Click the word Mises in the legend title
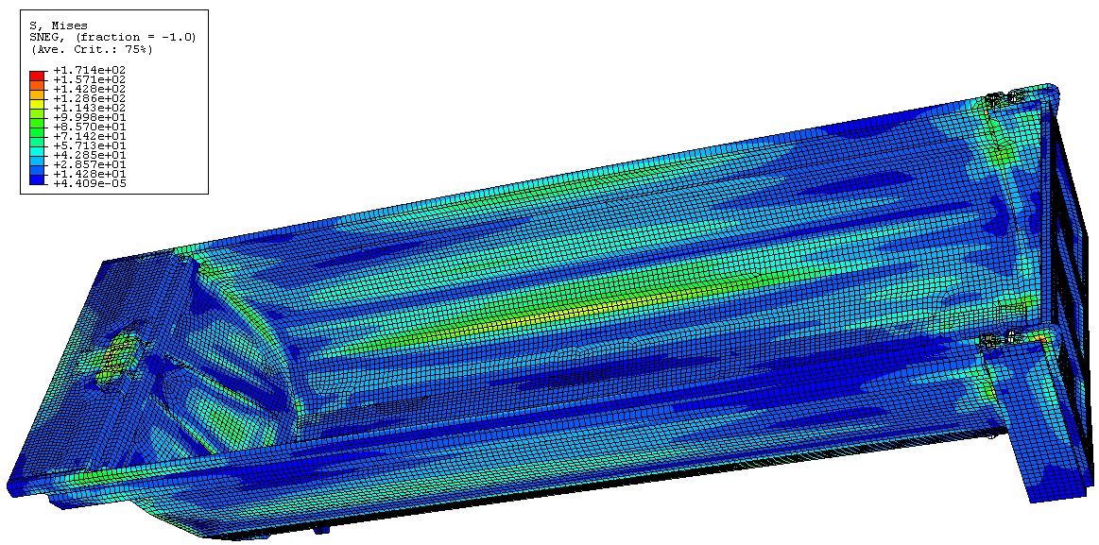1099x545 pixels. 72,26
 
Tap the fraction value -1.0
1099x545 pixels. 174,38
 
